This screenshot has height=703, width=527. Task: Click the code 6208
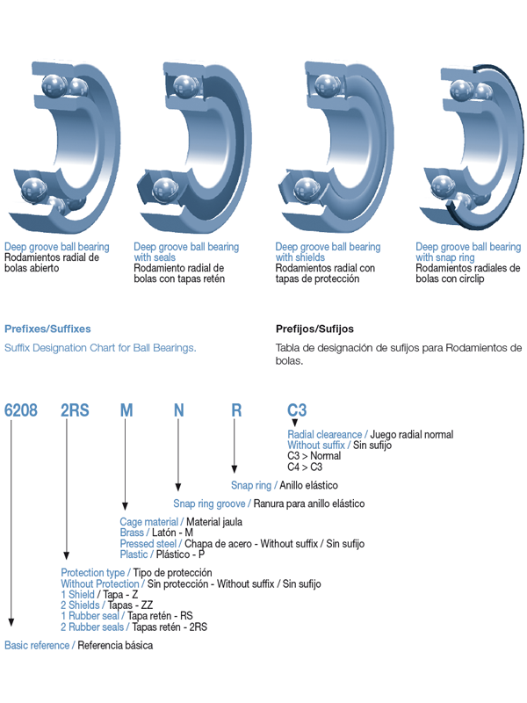pos(20,410)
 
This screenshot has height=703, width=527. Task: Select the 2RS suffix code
pos(75,410)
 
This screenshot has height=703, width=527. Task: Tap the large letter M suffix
pos(126,410)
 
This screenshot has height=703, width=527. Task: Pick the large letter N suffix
pos(179,410)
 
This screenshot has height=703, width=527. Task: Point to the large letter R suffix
pos(236,410)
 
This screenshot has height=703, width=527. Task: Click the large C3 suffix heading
pos(297,410)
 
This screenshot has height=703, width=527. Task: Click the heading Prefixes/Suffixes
pos(47,329)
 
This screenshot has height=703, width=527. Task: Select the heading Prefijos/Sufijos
pos(314,329)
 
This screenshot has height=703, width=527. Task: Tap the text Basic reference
pos(37,645)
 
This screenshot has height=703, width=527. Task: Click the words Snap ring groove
pos(209,504)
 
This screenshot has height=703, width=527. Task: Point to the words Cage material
pos(148,522)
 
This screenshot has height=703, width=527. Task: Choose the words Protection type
pos(93,573)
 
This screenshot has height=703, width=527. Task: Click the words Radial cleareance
pos(324,434)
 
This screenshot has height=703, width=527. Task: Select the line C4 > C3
pos(305,467)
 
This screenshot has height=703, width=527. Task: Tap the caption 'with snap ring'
pos(445,257)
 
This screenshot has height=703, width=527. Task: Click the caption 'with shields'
pos(300,257)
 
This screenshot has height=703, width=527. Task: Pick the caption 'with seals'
pos(155,257)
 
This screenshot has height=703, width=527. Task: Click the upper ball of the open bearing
pos(54,85)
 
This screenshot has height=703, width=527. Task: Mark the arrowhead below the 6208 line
pos(11,622)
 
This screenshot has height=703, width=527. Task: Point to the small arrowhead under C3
pos(294,423)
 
